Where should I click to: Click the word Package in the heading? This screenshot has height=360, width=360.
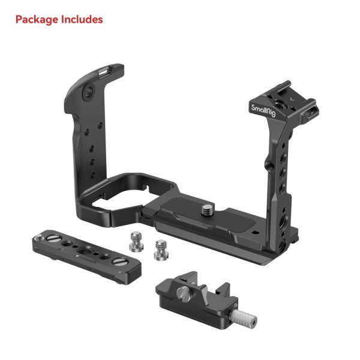point(36,20)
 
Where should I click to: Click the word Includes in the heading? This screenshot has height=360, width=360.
point(81,20)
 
